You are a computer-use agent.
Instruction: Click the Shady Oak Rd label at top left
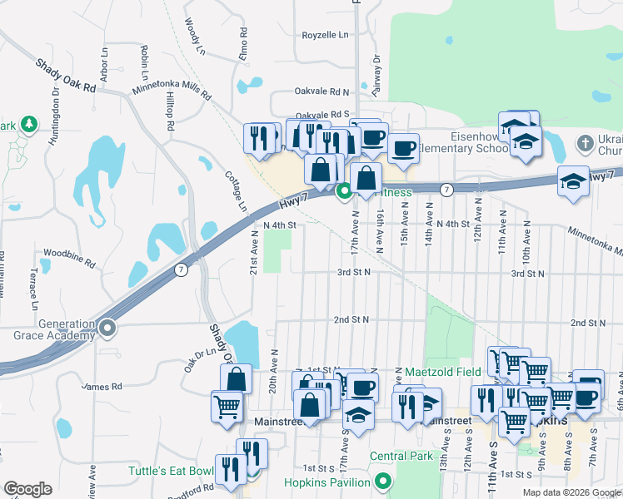tap(66, 75)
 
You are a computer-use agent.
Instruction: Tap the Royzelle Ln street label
tap(325, 35)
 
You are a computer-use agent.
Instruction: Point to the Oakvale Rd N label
tap(321, 91)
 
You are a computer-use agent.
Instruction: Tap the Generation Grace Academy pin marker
tap(107, 329)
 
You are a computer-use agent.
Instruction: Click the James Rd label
tap(102, 387)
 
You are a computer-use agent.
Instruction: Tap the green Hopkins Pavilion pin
tap(383, 482)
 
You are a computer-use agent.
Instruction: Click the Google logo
tap(27, 489)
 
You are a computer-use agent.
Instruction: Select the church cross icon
tap(586, 144)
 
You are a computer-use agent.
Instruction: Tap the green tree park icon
tap(29, 125)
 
